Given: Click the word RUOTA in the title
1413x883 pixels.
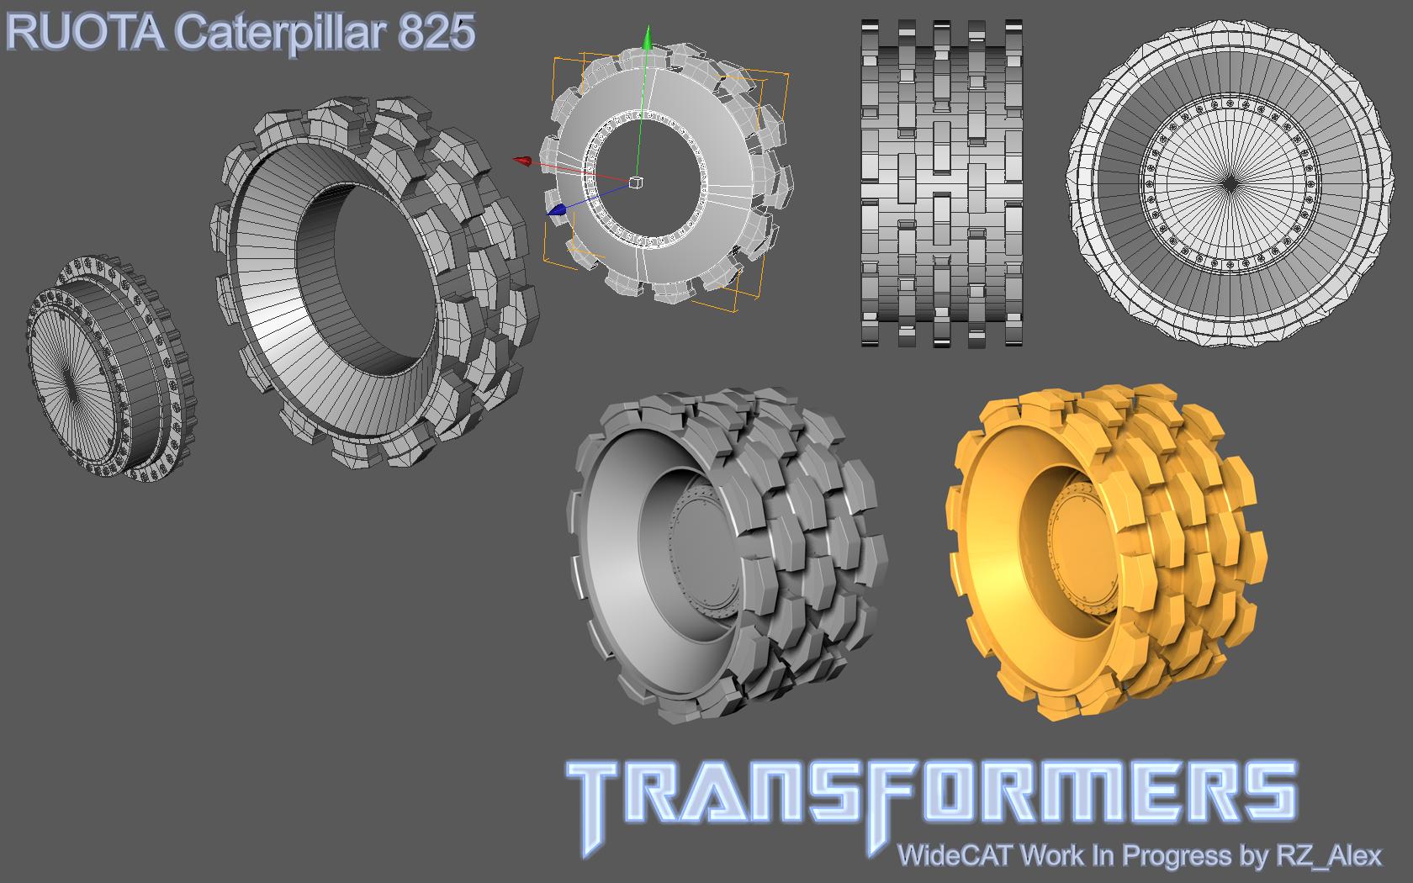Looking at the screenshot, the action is [x=86, y=32].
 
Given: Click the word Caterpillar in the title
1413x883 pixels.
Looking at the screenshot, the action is [x=280, y=33].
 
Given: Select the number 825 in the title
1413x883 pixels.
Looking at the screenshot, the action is [x=437, y=32].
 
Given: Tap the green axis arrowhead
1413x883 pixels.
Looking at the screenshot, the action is [x=647, y=38].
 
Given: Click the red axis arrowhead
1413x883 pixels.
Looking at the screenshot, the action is [x=522, y=161].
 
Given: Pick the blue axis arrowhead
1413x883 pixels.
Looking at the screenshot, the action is [x=557, y=210].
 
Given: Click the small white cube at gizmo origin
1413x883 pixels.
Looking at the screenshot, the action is [x=636, y=182].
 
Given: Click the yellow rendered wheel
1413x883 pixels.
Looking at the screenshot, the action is [x=1106, y=553].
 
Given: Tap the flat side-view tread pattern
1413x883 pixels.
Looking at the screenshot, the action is [x=942, y=183].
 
